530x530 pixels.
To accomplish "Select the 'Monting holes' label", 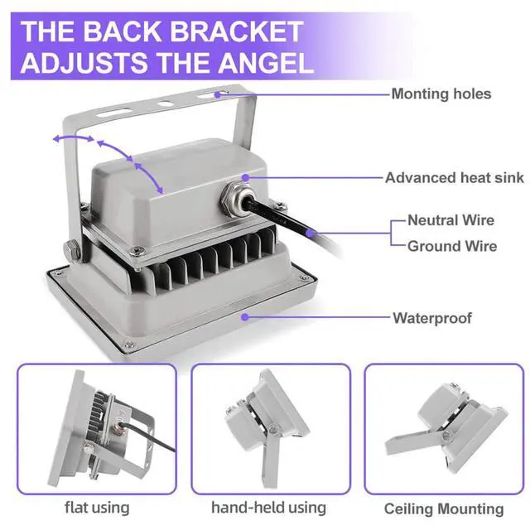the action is coord(441,94).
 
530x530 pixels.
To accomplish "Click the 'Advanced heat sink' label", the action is coord(455,178).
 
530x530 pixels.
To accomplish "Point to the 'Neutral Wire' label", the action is coord(450,220).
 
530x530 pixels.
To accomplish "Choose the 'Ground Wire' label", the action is coord(452,246).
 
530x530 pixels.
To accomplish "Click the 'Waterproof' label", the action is coord(432,318).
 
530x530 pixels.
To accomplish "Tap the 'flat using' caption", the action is coord(97,508).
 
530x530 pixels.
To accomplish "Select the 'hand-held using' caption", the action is coord(268,508).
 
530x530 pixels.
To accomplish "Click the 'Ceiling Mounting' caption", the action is coord(444,508).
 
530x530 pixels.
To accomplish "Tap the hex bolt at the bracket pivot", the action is coord(71,249).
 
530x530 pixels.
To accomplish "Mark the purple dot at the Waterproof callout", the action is coord(245,316).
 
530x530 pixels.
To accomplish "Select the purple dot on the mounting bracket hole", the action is coord(218,94).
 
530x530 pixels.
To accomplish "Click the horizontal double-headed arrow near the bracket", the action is coord(74,137).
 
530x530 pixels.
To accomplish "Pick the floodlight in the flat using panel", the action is coord(113,429).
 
